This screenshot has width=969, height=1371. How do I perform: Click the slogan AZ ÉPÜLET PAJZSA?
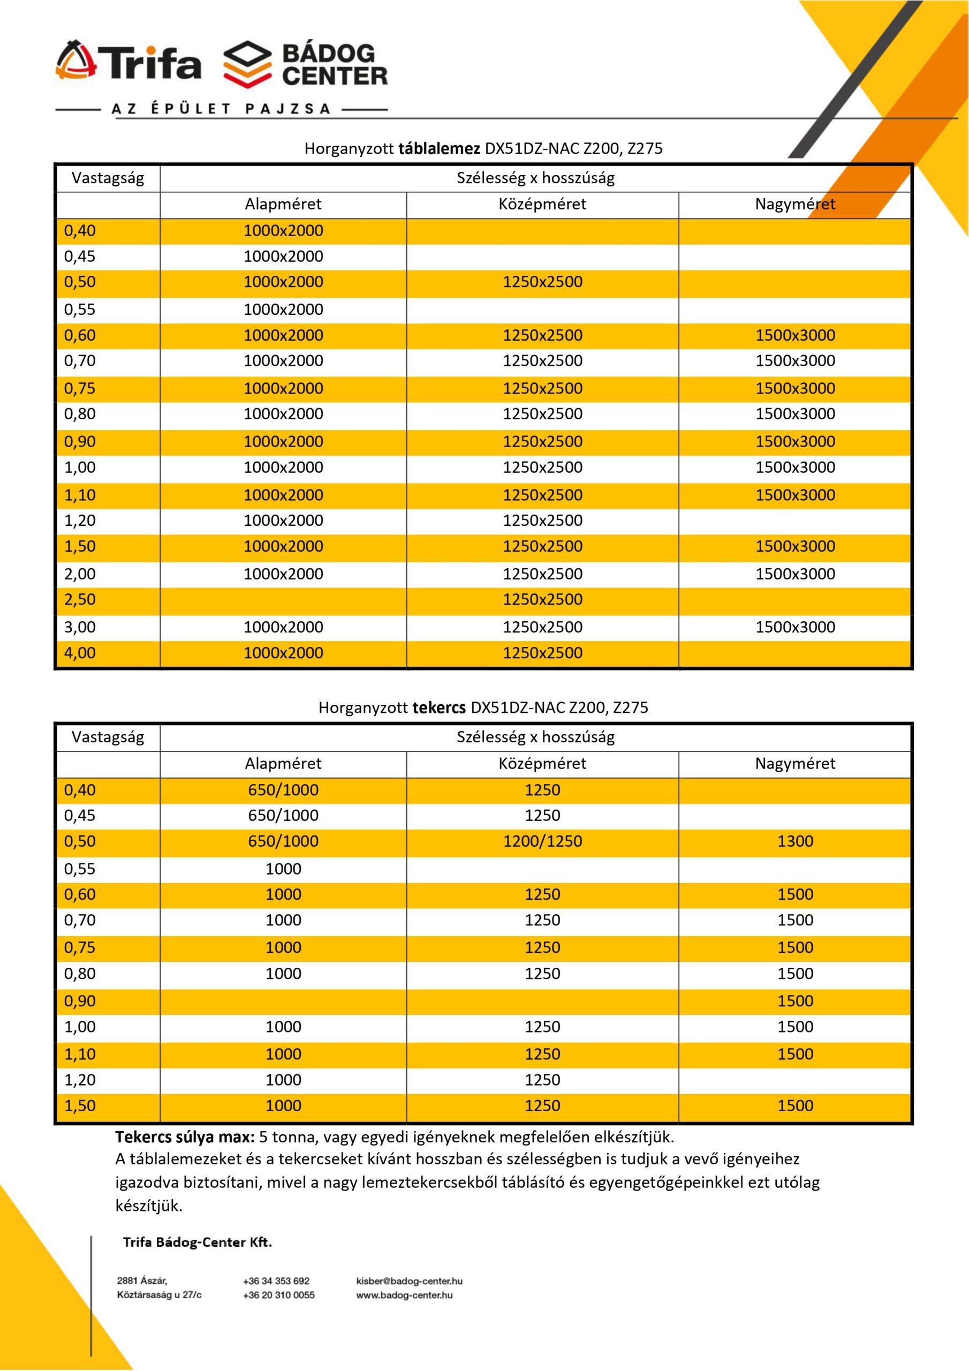(221, 109)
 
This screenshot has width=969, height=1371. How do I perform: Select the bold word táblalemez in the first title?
(439, 149)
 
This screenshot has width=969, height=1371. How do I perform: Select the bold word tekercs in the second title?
(439, 708)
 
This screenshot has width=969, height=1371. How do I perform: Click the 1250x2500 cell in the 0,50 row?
(542, 282)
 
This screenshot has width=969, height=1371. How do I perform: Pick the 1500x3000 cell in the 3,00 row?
(794, 628)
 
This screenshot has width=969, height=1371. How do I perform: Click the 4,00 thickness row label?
(80, 653)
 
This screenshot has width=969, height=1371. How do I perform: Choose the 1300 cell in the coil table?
(794, 842)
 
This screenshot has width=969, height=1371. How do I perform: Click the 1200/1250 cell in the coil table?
(542, 842)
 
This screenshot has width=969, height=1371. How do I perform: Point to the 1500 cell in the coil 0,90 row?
(794, 1001)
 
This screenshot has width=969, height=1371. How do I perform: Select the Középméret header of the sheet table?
(542, 205)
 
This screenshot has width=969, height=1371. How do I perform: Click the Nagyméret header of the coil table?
(794, 764)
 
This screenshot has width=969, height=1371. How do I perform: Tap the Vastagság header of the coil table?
(108, 737)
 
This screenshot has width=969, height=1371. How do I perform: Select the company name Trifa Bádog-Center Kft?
(197, 1242)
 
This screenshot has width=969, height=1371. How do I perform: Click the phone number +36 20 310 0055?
(279, 1295)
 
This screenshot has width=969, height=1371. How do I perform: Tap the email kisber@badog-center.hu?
(409, 1281)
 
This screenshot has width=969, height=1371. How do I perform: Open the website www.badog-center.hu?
(404, 1295)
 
